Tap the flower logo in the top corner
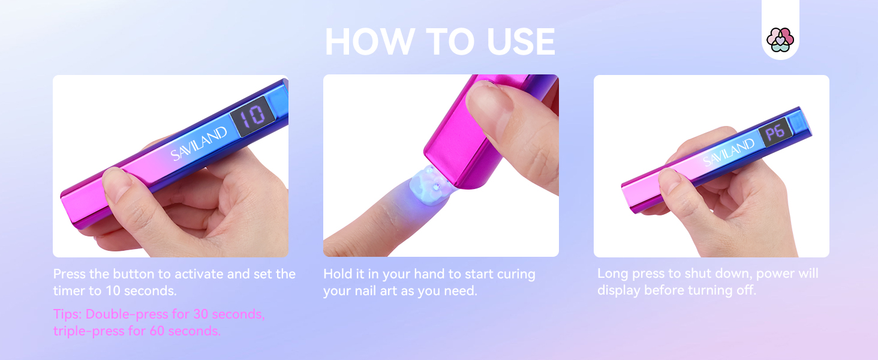[780, 40]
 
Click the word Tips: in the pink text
[67, 314]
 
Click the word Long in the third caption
[612, 274]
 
